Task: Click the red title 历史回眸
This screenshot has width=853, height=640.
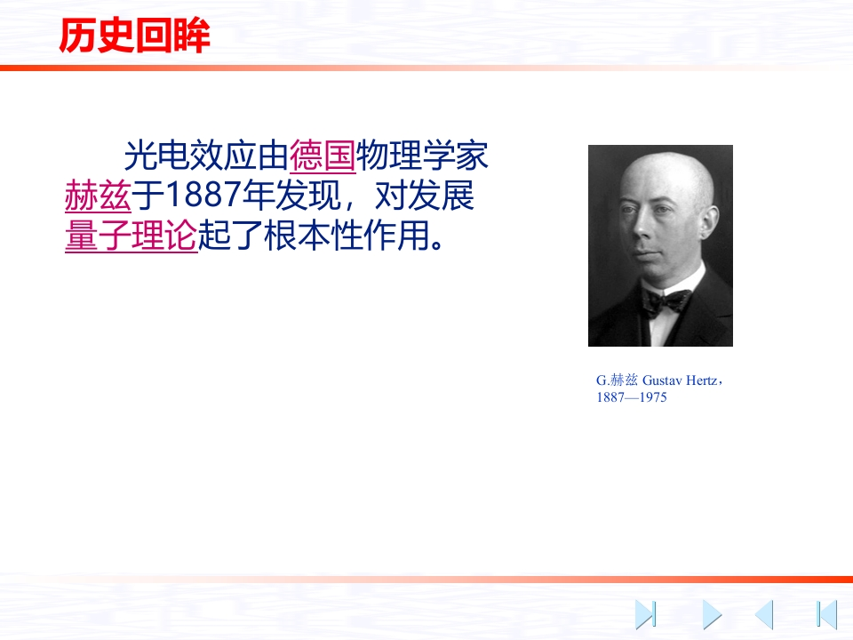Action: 134,36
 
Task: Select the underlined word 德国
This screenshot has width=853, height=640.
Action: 323,156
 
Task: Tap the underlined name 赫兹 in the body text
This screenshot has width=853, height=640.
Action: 98,196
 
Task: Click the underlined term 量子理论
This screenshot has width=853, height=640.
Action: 132,236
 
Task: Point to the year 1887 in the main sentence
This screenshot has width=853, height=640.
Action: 203,195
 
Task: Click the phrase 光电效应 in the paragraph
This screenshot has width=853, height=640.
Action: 189,156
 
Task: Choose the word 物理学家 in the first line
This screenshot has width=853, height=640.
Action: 422,156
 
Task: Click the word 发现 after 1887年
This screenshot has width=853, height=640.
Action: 308,196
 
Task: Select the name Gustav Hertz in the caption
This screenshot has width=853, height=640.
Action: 680,380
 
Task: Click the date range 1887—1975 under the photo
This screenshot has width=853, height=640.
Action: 632,397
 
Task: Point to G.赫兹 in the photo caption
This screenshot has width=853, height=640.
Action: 617,380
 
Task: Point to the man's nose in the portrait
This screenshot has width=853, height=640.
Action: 642,228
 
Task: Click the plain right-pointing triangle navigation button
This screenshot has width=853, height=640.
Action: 712,615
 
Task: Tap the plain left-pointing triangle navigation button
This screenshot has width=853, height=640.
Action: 764,615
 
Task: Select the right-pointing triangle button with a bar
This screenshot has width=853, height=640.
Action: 646,615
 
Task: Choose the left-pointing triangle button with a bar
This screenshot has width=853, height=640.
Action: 826,615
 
